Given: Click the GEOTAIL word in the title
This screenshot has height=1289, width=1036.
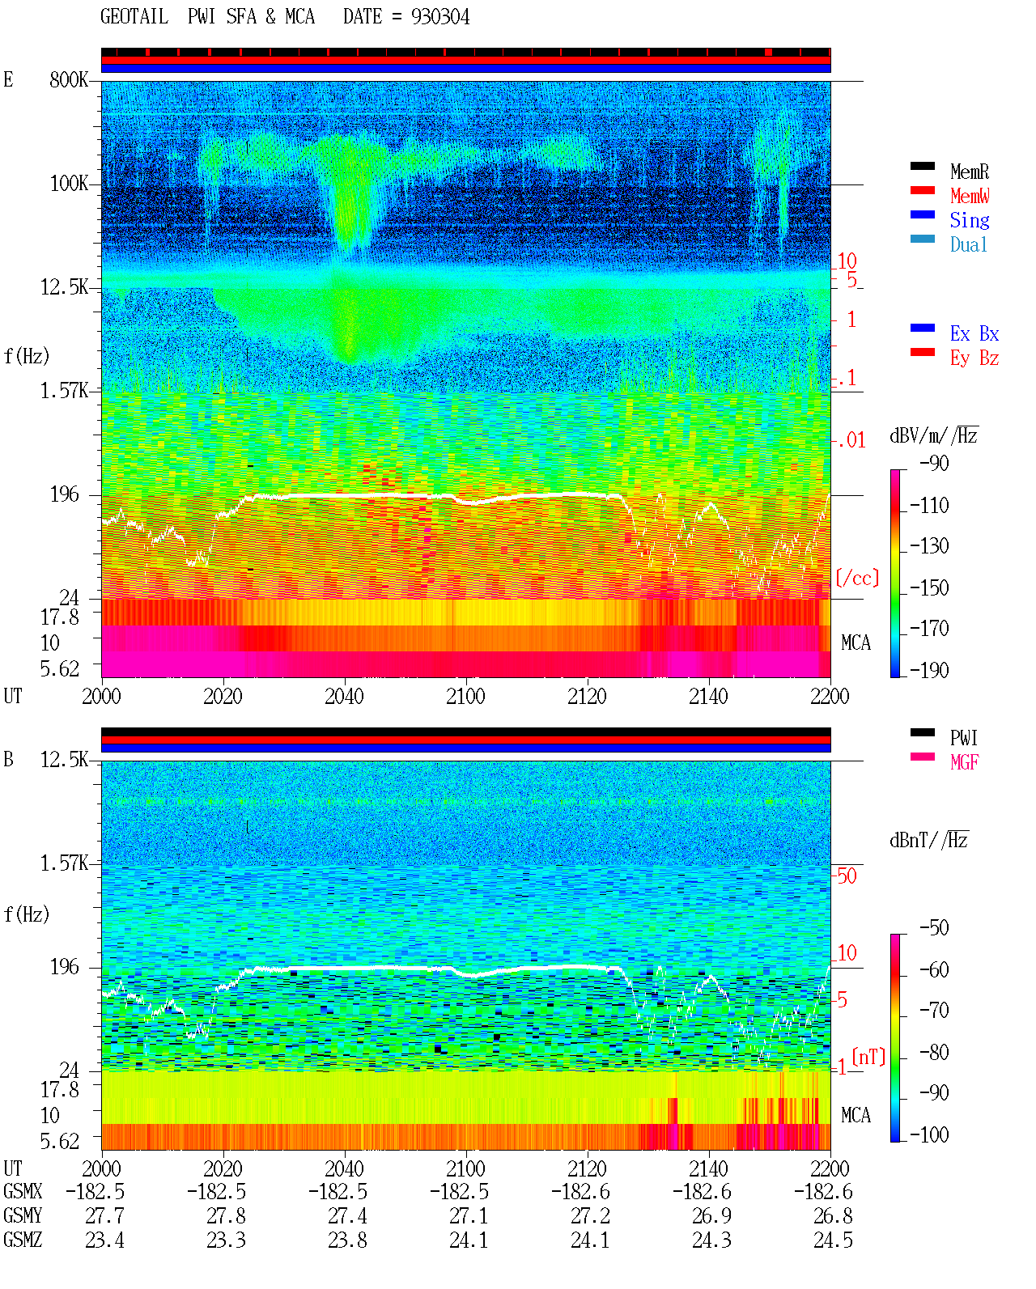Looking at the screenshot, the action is click(134, 17).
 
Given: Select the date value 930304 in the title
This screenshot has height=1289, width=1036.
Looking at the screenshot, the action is click(439, 17).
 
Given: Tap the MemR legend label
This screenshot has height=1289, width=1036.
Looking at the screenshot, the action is click(969, 172).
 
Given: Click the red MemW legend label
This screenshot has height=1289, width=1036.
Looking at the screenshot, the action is click(969, 196).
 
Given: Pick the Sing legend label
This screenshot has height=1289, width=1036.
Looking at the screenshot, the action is click(969, 220).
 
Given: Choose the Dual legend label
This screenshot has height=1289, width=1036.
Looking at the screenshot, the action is click(968, 244).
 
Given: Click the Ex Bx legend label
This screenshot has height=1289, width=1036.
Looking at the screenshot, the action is click(974, 333).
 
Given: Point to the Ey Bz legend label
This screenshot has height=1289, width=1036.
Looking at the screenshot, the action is click(974, 358).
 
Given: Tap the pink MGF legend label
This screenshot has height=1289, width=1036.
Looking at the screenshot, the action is click(964, 762).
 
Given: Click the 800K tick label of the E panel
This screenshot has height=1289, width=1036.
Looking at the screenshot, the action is click(69, 79).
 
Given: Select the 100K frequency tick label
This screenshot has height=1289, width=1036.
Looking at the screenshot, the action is click(69, 184).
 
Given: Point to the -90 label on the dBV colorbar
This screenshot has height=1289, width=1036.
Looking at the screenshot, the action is click(934, 463).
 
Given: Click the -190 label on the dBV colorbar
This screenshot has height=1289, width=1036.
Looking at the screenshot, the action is click(929, 670).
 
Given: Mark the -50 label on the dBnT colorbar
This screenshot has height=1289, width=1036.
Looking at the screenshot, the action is click(934, 928).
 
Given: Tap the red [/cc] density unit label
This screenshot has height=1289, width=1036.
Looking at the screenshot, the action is click(857, 578).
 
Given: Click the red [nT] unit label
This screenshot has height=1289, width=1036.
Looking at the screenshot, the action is click(868, 1057).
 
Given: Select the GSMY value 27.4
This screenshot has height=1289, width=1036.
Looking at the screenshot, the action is click(347, 1216).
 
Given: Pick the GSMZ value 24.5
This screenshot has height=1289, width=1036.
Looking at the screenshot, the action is click(833, 1240).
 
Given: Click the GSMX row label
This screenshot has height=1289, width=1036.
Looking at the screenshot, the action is click(23, 1191).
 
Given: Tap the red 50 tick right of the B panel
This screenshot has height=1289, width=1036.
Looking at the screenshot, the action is click(847, 876).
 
